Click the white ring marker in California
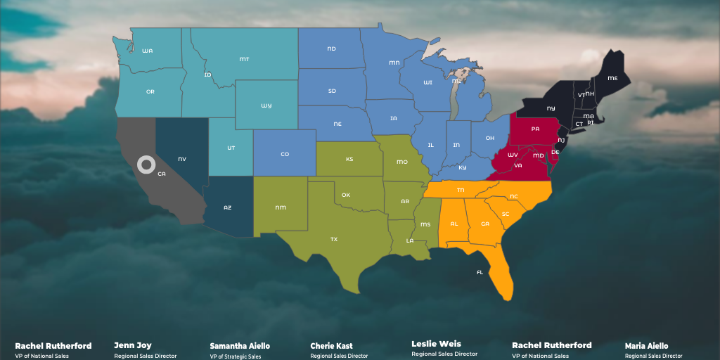click(146, 165)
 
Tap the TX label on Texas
click(333, 239)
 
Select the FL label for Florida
click(480, 272)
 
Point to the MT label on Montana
click(244, 59)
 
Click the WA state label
click(147, 51)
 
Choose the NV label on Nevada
click(182, 159)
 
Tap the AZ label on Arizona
click(227, 207)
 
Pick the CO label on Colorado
click(284, 154)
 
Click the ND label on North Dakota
click(331, 49)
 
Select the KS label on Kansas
click(349, 159)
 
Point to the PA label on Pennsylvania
click(535, 129)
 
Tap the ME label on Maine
click(612, 77)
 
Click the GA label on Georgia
click(484, 224)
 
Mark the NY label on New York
click(551, 108)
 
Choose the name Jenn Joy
click(133, 345)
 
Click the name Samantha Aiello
click(240, 346)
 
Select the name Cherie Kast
click(331, 346)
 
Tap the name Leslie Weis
click(436, 344)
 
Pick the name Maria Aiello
click(646, 346)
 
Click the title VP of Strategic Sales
click(235, 356)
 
